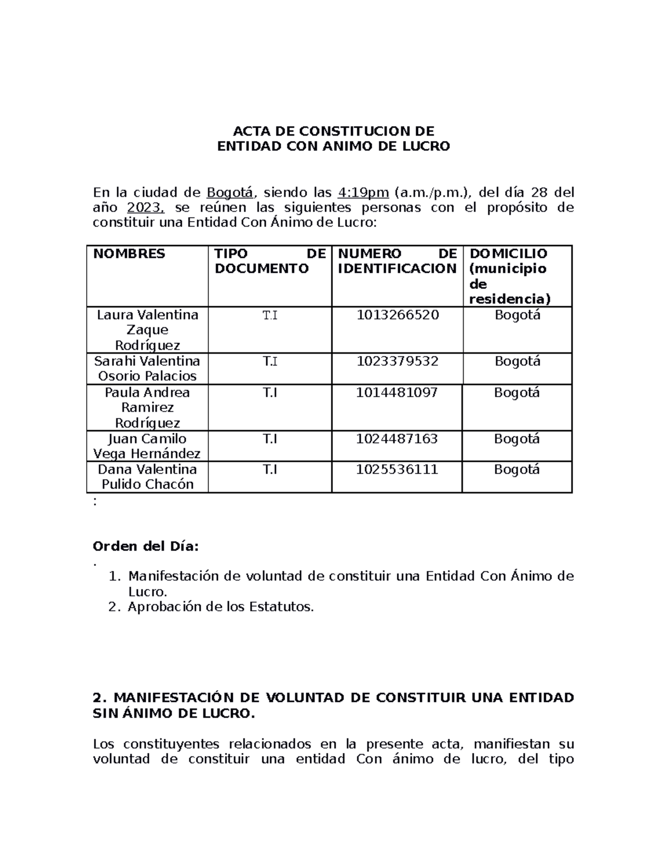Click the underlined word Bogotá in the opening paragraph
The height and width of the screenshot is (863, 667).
(230, 193)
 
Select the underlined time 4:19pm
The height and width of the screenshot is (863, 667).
(363, 193)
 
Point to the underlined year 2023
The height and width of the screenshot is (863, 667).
(146, 208)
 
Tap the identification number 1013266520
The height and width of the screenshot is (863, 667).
(397, 315)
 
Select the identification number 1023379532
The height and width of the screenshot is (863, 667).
(397, 361)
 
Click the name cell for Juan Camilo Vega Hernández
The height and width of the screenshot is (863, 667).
(147, 446)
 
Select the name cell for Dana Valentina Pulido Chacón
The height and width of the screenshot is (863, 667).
(147, 477)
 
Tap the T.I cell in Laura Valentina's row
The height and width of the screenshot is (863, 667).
(270, 316)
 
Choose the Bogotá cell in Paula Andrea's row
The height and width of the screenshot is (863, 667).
(517, 393)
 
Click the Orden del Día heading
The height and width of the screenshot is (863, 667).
(146, 546)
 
